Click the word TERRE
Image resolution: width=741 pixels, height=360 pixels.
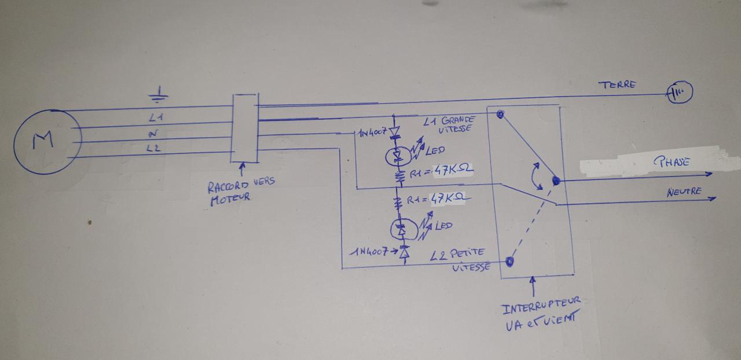click(617, 85)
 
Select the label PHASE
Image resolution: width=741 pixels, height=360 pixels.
click(672, 163)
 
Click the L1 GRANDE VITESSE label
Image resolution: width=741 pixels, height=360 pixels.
click(449, 124)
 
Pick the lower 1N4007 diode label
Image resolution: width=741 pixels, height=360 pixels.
click(371, 252)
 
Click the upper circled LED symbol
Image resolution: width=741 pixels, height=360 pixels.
click(398, 155)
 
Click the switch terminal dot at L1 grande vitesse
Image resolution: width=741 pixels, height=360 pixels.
click(499, 114)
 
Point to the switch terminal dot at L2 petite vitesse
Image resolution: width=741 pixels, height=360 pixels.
click(509, 262)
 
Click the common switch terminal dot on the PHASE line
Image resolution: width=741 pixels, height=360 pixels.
click(556, 181)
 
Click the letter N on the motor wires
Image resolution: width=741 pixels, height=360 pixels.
click(155, 133)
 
